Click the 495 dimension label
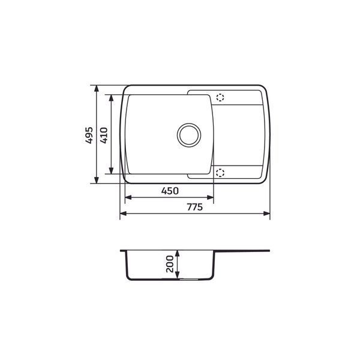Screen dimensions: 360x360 (x=89, y=136)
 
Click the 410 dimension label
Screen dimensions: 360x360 (x=104, y=136)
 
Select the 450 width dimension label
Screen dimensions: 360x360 (x=170, y=191)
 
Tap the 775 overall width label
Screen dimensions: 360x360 (x=194, y=207)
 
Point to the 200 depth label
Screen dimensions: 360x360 (x=170, y=264)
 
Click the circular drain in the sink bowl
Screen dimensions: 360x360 (x=189, y=135)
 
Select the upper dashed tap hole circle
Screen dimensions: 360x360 (x=220, y=98)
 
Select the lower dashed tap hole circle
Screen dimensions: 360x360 (x=220, y=173)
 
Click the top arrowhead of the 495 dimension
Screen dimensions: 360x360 (x=97, y=89)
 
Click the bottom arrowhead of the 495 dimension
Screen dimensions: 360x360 (x=97, y=180)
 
